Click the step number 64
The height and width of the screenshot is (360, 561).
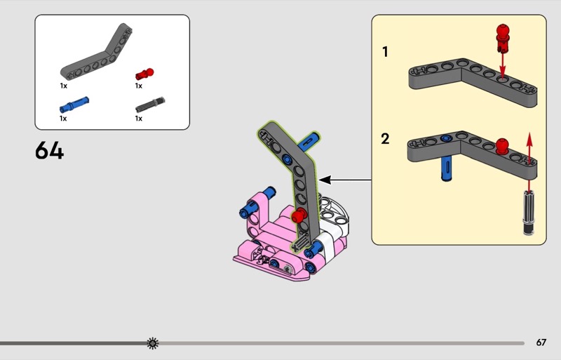coord(49,150)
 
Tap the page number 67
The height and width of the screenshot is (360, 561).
coord(541,342)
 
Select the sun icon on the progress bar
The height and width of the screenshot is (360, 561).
coord(153,343)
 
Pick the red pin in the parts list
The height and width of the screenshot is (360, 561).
coord(144,74)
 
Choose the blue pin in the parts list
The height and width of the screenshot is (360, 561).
coord(74,105)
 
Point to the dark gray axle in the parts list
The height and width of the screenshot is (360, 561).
coord(150,105)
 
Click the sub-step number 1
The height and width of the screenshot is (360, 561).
coord(385,52)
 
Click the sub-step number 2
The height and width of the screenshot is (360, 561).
coord(385,139)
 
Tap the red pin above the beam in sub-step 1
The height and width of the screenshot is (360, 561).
coord(503,38)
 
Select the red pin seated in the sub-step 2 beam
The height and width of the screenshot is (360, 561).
coord(502,146)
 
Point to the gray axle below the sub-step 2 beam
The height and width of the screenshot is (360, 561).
coord(529,213)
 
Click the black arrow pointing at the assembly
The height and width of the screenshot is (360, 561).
coord(344,180)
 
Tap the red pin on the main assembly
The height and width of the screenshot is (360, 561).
coord(299,215)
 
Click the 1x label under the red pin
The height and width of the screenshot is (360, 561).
coord(138,86)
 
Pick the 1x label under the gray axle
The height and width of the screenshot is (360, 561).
coord(138,118)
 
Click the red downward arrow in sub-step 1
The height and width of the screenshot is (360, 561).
coord(503,65)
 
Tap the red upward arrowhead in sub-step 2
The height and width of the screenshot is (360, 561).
coord(529,139)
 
